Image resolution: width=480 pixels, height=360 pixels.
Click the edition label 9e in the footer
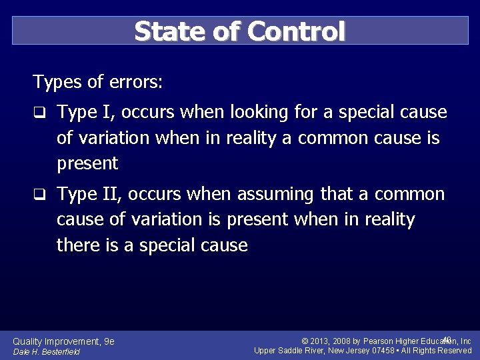pos(109,341)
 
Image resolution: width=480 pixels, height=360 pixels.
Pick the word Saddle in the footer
pos(293,351)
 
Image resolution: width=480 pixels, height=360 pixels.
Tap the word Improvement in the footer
pos(73,341)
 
